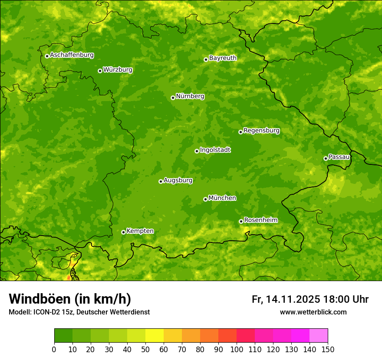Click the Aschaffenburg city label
72,55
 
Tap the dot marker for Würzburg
100,71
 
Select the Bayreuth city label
223,58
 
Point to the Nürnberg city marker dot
173,98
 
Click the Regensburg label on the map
261,131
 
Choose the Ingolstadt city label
215,150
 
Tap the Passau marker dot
326,158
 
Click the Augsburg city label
178,180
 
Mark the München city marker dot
205,199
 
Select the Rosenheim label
260,220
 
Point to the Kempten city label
140,231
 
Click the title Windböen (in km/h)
70,299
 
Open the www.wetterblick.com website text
313,312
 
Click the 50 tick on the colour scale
145,349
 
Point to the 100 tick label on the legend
237,349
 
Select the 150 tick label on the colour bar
328,349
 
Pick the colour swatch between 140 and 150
319,336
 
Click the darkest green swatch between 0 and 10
63,336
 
